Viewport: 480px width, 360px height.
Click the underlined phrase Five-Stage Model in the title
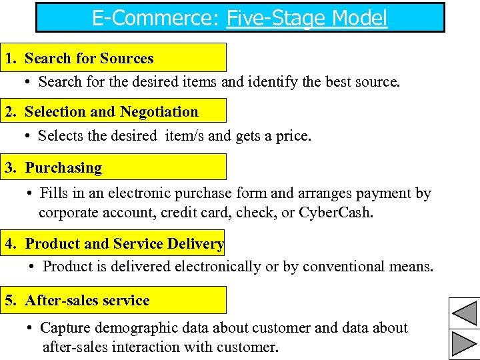click(307, 18)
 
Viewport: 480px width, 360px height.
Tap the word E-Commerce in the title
click(154, 18)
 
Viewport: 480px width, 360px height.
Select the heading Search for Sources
click(89, 58)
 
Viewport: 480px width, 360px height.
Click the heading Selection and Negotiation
click(111, 112)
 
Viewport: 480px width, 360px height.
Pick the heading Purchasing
click(63, 167)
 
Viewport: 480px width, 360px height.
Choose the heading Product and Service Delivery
click(124, 243)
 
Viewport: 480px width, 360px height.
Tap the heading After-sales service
click(87, 300)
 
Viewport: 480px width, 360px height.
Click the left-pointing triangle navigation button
click(464, 313)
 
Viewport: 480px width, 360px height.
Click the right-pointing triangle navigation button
click(464, 344)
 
